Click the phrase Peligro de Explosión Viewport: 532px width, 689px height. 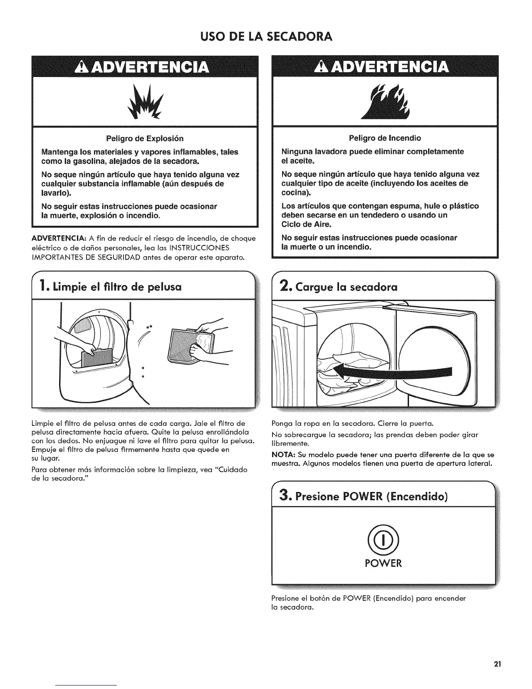pyautogui.click(x=145, y=138)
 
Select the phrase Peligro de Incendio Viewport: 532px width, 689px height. pyautogui.click(x=385, y=138)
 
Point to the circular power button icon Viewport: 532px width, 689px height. pyautogui.click(x=383, y=540)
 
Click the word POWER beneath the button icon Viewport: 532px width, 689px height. pyautogui.click(x=383, y=563)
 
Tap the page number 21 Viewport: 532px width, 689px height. pyautogui.click(x=498, y=664)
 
